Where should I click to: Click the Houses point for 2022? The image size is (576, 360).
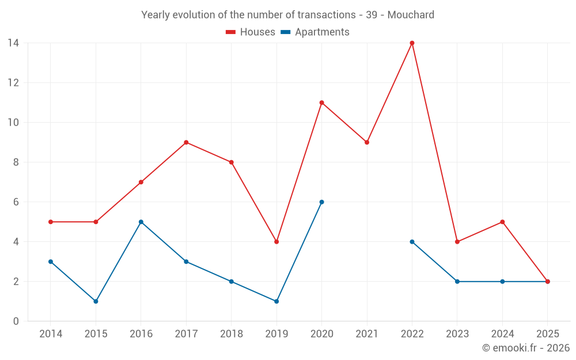pos(412,43)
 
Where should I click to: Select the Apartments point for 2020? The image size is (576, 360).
pos(321,202)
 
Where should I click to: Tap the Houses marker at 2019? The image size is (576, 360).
pos(276,242)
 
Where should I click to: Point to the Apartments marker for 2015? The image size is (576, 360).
pos(96,301)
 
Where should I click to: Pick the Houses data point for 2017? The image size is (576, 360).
pos(186,142)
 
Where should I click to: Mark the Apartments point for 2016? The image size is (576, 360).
pos(141,222)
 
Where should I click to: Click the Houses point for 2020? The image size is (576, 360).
pos(321,103)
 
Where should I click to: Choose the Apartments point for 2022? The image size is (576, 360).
pos(412,242)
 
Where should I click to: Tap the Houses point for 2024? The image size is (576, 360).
pos(502,222)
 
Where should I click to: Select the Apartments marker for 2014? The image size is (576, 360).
pos(51,262)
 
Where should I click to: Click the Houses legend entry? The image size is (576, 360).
pos(251,32)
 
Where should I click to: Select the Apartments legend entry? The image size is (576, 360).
pos(315,32)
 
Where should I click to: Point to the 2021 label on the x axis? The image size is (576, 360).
pos(367,334)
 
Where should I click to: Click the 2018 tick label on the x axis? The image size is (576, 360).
pos(231,334)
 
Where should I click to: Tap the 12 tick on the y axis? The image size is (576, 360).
pos(13,83)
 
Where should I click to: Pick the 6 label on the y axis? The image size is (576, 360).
pos(16,202)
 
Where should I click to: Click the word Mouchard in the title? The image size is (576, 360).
pos(411,15)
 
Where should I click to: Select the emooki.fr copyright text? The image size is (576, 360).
pos(526,348)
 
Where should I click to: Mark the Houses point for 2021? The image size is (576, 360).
pos(367,142)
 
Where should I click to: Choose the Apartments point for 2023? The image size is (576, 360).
pos(457,282)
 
